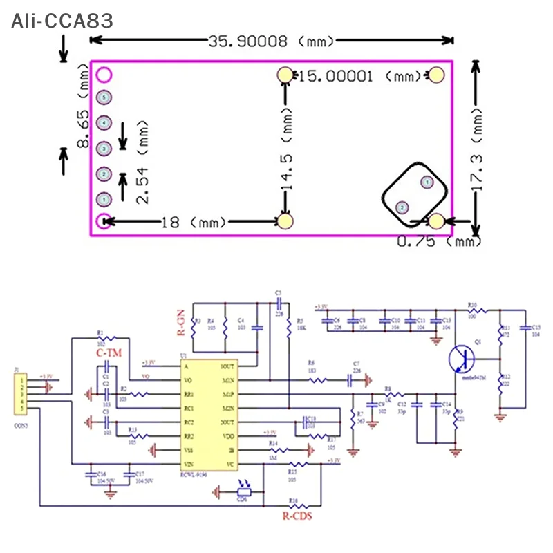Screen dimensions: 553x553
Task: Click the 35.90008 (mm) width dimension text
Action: point(272,41)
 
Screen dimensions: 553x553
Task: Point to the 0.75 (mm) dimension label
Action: point(439,241)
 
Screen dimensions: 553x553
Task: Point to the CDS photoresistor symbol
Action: point(243,491)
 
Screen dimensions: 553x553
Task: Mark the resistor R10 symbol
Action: point(472,310)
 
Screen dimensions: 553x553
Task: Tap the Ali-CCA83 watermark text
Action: point(62,21)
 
